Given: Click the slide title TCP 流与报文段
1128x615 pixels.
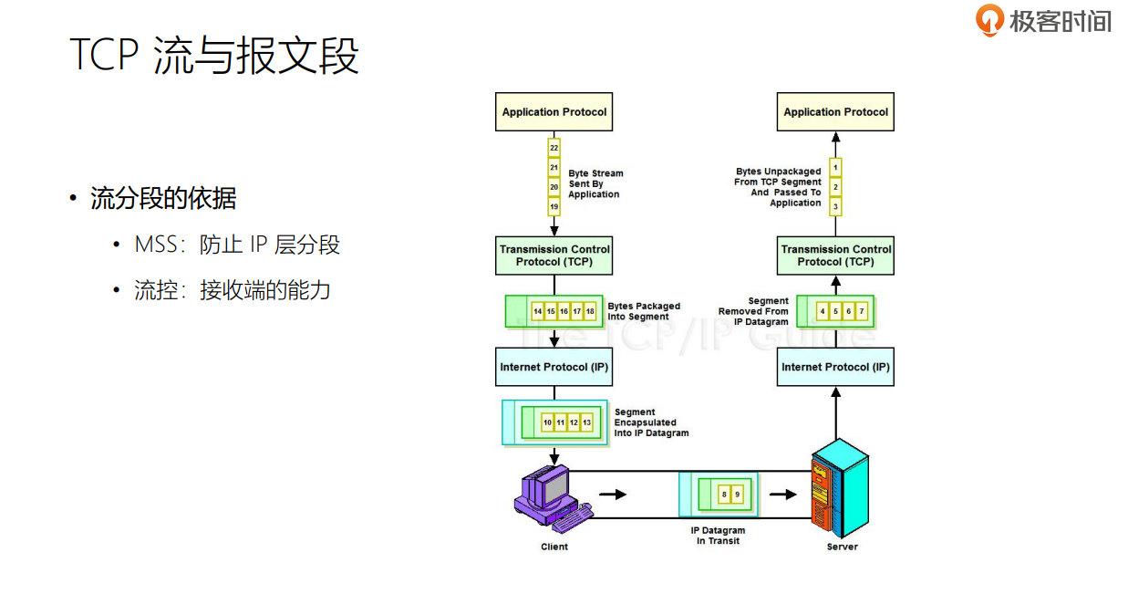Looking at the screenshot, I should coord(213,55).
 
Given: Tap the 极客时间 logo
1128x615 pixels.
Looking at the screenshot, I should coord(1043,20).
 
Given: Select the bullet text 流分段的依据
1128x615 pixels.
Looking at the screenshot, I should coord(163,198).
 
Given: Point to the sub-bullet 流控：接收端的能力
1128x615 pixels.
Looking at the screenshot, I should coord(232,290).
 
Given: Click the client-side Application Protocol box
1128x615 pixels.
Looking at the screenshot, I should coord(554,112).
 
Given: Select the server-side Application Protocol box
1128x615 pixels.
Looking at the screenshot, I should coord(835,112).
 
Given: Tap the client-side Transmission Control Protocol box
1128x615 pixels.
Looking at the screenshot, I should coord(554,255).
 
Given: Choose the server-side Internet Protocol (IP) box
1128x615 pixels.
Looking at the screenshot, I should coord(835,367).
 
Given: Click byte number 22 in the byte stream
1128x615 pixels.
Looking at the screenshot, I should coord(554,147).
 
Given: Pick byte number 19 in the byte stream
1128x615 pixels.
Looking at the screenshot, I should coord(554,206).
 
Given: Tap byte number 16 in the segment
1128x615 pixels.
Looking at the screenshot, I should coord(564,311).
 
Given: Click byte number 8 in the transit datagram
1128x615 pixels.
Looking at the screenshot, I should coord(724,495).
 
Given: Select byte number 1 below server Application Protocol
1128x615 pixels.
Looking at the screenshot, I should coord(835,168).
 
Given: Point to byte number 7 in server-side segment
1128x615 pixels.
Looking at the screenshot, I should coord(861,311).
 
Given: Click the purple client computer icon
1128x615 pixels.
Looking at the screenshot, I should coord(550,497).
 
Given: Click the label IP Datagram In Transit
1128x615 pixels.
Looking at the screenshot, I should coord(718,536).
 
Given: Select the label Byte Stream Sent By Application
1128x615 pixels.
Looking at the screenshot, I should coord(595,183).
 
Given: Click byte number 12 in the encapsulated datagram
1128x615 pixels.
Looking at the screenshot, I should coord(574,422).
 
